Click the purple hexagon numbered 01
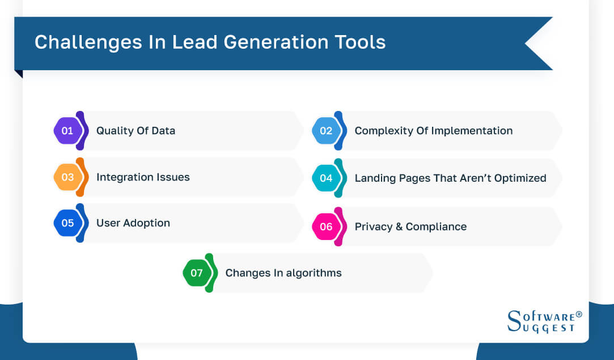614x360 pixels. click(67, 131)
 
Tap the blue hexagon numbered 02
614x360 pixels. click(326, 131)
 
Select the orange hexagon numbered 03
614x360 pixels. click(67, 177)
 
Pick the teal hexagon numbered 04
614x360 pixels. click(326, 178)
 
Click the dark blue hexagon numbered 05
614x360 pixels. click(67, 223)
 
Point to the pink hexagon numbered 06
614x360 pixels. click(326, 227)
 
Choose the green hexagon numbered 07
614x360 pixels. click(197, 273)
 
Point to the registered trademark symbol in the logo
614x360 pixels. click(579, 314)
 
